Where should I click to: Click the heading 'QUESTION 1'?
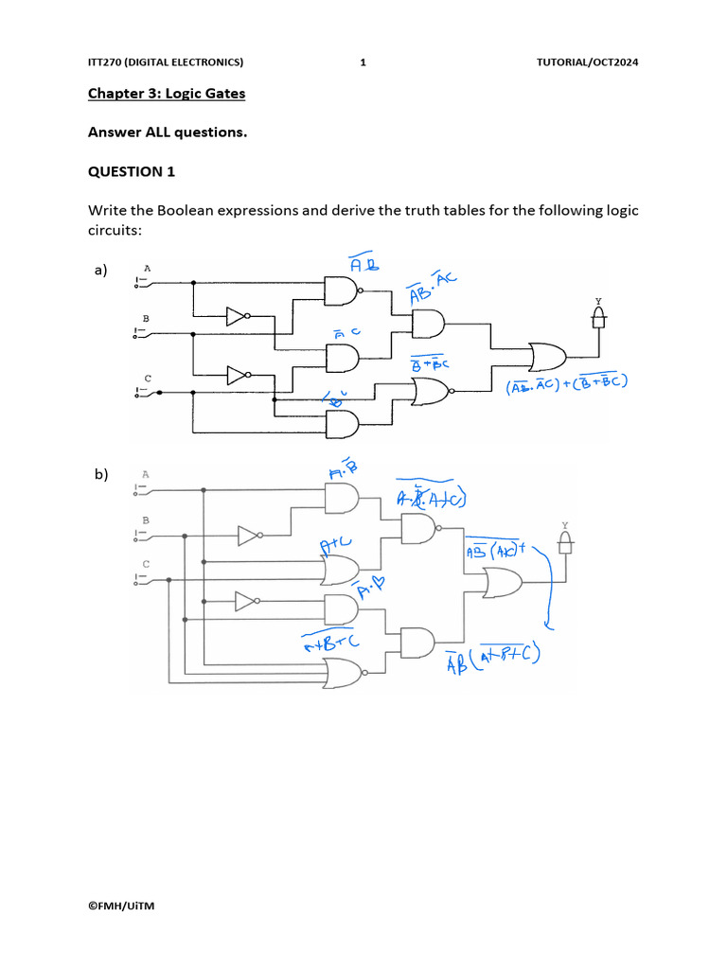coord(132,171)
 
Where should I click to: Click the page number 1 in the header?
coord(363,62)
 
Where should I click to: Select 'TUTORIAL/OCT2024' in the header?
coord(587,62)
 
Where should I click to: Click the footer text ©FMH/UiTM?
coord(121,906)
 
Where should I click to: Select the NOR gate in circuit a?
coord(431,390)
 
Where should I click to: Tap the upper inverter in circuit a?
coord(237,317)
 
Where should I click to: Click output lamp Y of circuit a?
coord(598,320)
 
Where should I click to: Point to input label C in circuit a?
coord(148,379)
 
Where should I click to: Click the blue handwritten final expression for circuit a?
coord(568,384)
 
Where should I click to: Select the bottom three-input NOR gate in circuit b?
coord(343,673)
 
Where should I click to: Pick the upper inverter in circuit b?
coord(249,537)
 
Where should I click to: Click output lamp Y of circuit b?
coord(566,541)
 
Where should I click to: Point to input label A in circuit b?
coord(145,473)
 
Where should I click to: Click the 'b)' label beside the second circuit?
coord(100,474)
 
